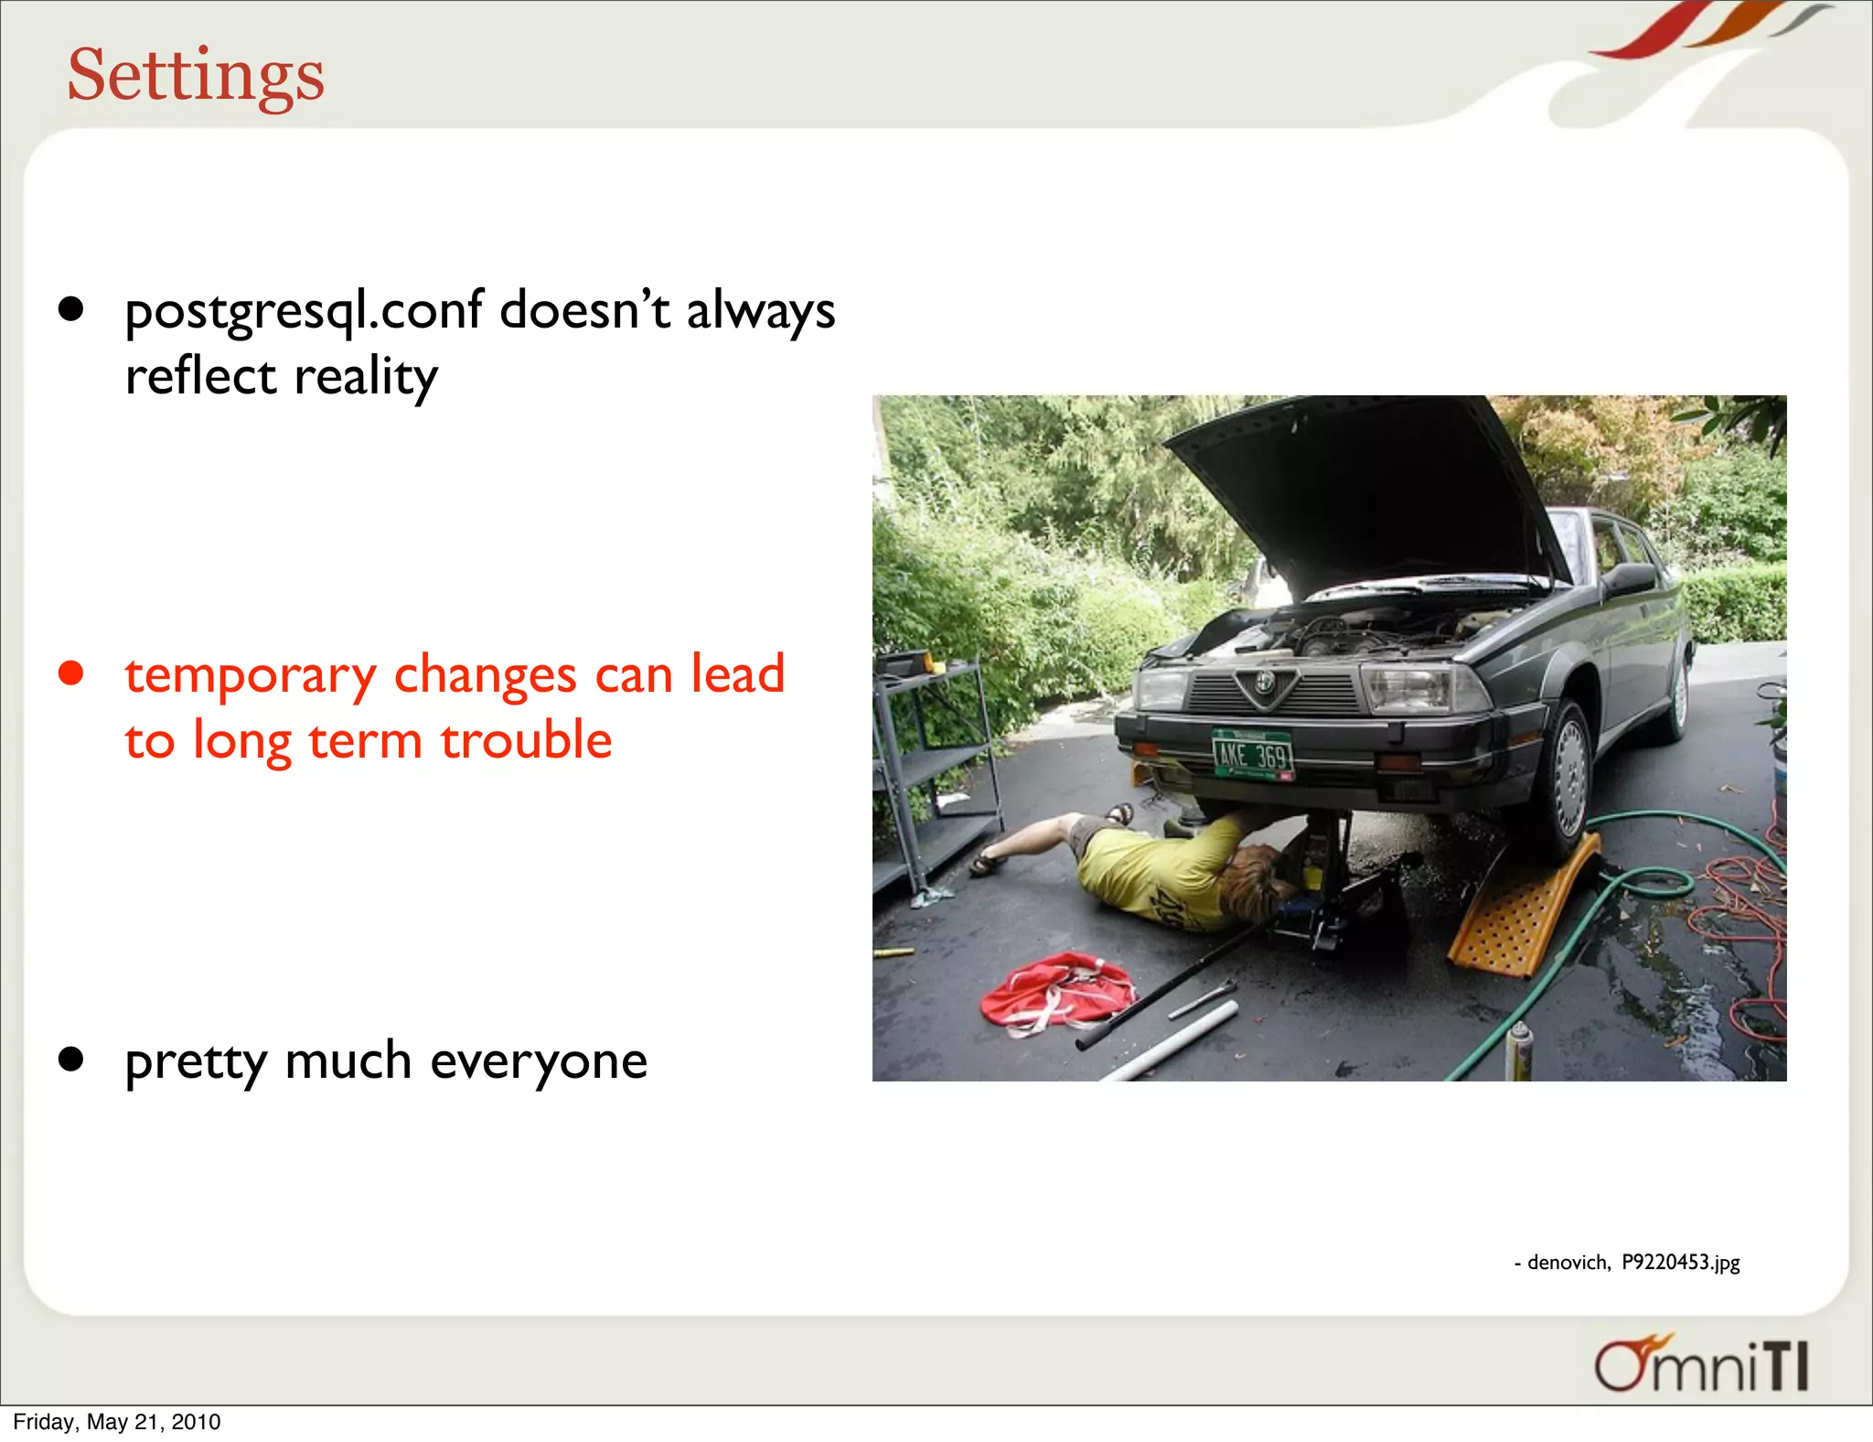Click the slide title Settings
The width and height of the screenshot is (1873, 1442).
[196, 75]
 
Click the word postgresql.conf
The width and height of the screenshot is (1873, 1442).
[304, 311]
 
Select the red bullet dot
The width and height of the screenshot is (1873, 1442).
[70, 673]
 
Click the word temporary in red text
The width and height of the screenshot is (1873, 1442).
[251, 676]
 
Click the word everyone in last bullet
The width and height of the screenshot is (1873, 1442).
[539, 1061]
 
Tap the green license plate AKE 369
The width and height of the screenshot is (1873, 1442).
[1252, 754]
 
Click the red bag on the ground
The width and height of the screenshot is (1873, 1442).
[1056, 993]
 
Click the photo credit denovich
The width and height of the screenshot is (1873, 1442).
[1568, 1263]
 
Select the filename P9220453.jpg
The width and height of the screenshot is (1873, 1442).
[1681, 1263]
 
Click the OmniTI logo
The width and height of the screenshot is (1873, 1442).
[1701, 1364]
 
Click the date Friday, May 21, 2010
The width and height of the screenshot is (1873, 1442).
[117, 1422]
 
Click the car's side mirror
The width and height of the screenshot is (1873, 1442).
[1632, 578]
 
